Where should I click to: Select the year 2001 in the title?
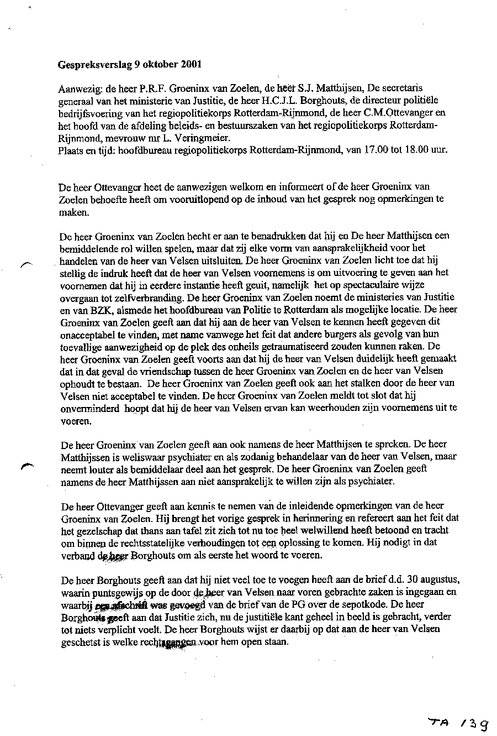pyautogui.click(x=190, y=64)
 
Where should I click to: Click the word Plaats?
pyautogui.click(x=70, y=150)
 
